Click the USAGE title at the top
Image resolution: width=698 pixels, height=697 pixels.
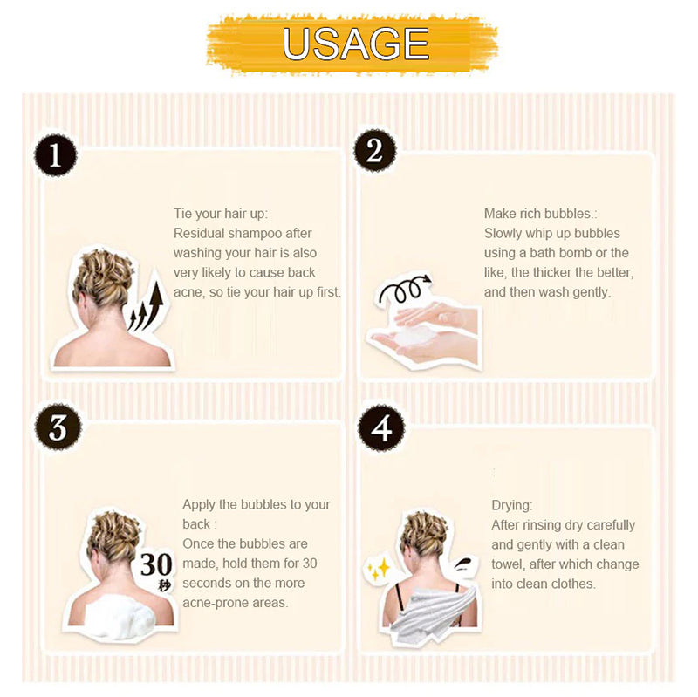(355, 44)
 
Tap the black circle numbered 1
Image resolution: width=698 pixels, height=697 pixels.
(56, 155)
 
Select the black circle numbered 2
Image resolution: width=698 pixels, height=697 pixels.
(375, 150)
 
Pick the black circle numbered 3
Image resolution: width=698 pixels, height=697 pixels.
(58, 427)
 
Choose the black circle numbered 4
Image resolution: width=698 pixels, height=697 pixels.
(381, 427)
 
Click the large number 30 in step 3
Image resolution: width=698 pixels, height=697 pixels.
(156, 564)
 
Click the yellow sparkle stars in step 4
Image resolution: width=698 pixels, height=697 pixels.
(379, 569)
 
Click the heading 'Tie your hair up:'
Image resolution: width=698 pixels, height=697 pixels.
(221, 214)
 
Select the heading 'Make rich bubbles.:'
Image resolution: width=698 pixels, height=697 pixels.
(540, 214)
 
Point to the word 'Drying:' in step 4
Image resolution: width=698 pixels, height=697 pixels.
(512, 505)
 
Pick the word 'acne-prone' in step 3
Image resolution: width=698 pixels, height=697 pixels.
(209, 603)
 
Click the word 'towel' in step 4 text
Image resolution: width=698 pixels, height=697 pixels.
(507, 564)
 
